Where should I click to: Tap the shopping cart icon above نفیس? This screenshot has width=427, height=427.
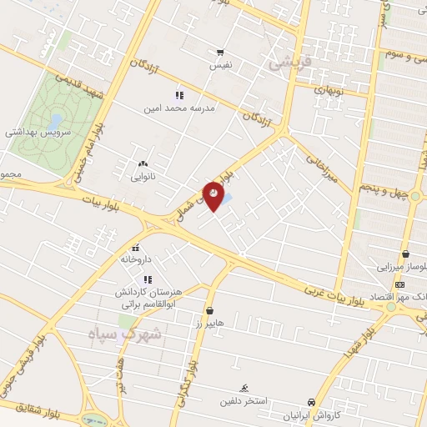[220, 51]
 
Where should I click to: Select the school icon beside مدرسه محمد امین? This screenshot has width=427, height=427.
[178, 96]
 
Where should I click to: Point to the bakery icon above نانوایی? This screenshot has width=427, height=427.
[143, 163]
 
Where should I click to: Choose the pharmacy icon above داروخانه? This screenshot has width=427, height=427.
[135, 248]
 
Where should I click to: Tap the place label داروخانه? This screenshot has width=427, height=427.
[135, 259]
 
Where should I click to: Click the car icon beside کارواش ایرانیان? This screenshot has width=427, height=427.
[311, 402]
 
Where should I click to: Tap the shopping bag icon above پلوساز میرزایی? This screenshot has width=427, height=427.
[405, 254]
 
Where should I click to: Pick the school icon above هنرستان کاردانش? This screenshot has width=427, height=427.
[148, 279]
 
